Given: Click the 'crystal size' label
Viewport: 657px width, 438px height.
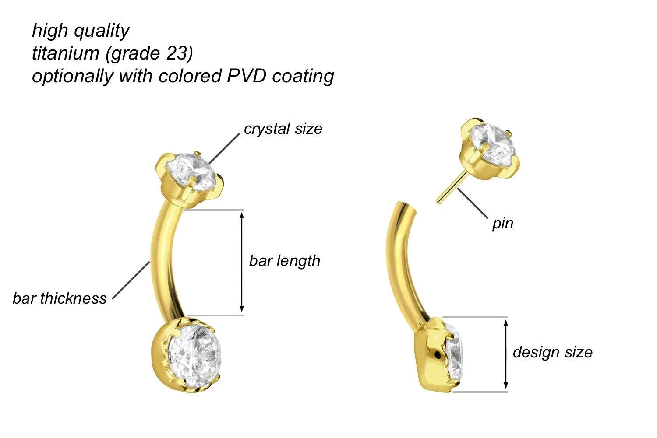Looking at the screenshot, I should [283, 129].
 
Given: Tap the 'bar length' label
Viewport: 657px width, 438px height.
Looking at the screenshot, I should [285, 261].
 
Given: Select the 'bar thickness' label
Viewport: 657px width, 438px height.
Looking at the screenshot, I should [60, 298].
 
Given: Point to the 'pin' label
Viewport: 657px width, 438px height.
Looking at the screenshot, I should [502, 224].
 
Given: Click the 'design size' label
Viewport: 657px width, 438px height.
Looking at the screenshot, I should [552, 352].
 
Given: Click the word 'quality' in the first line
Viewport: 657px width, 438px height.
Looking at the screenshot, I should [102, 31].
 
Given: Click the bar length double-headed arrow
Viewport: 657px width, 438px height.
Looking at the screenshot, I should [242, 262].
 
